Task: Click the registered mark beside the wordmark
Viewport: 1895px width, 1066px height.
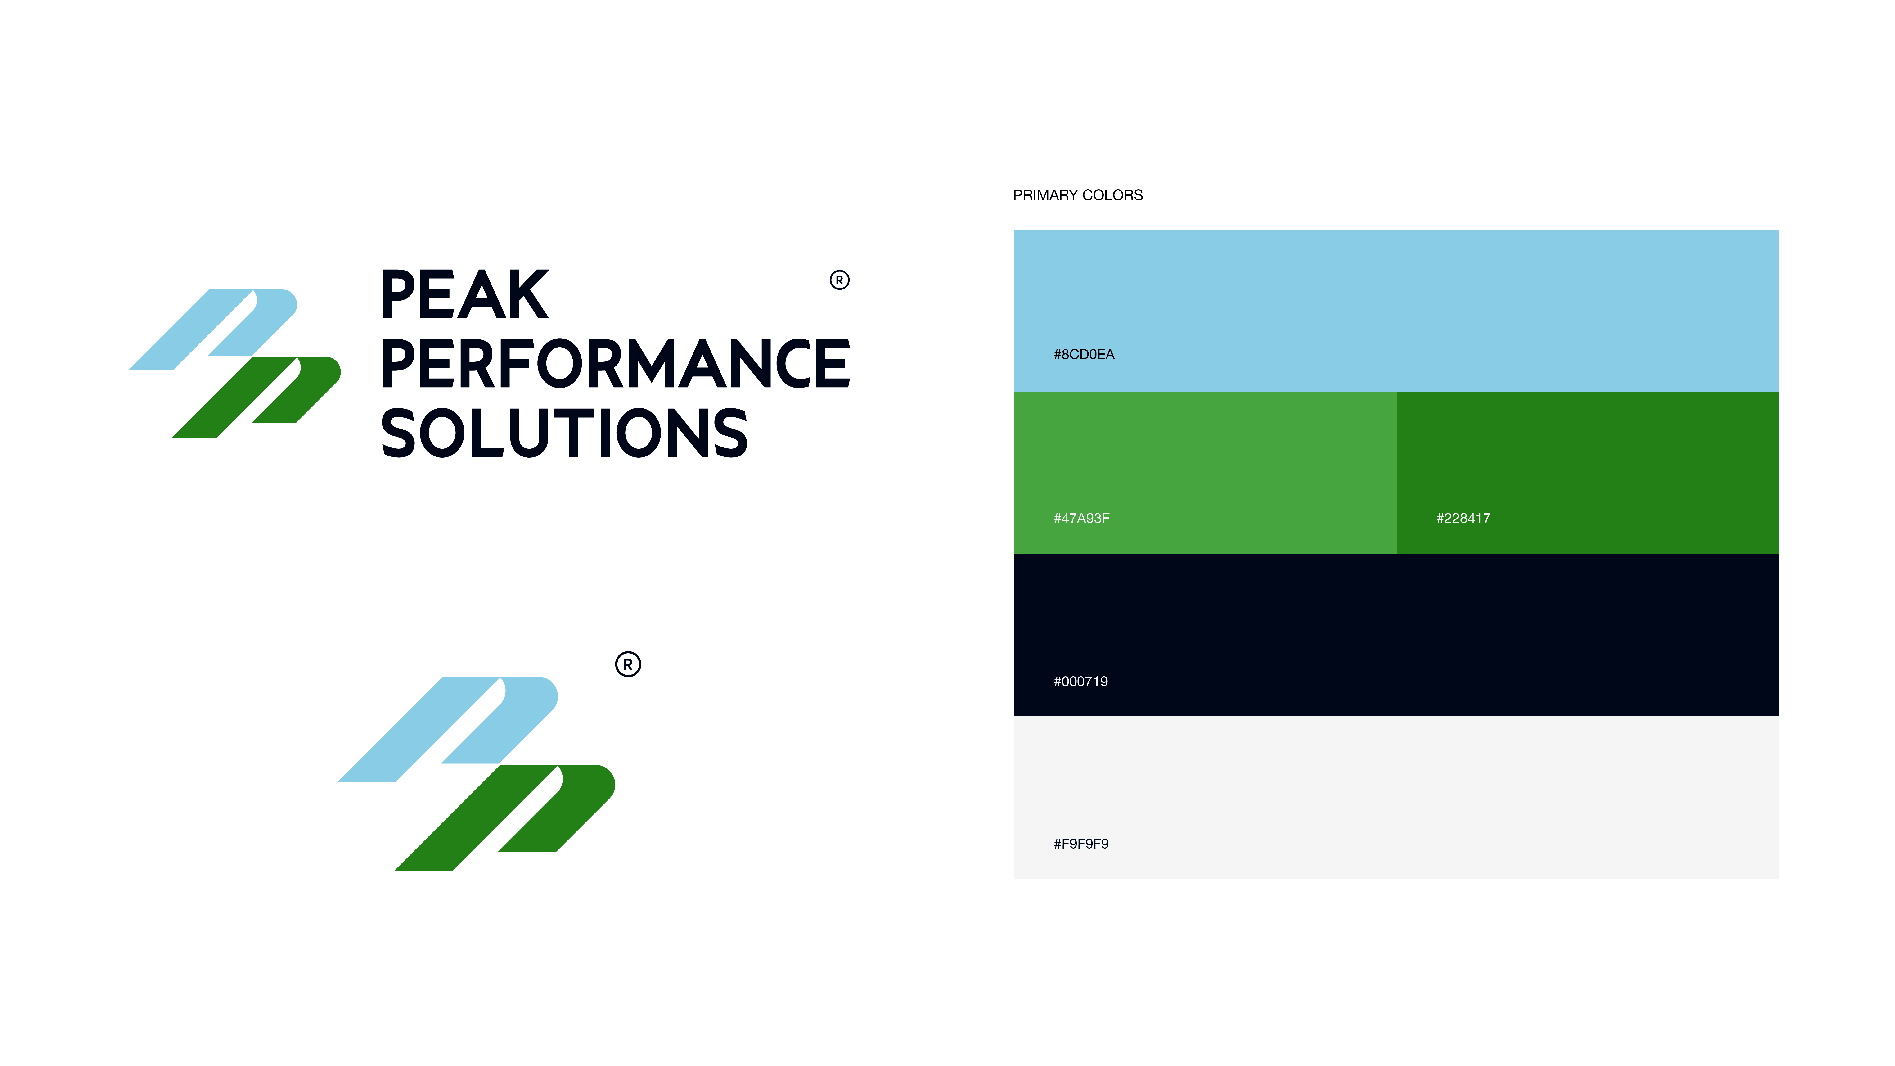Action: point(839,280)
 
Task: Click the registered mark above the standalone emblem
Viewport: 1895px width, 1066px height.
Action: point(627,664)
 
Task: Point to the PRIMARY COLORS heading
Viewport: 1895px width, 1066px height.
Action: point(1078,195)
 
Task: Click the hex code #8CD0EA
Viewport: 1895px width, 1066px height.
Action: point(1084,355)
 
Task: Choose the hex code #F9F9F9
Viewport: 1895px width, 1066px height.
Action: point(1081,844)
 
